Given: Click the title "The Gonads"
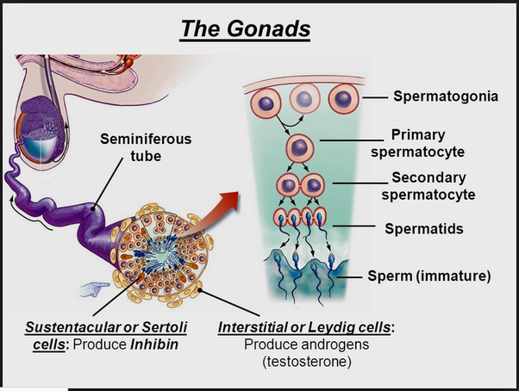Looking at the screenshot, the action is click(x=245, y=28).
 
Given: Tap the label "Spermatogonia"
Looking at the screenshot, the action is click(x=446, y=96).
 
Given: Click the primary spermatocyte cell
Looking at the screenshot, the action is click(x=299, y=148).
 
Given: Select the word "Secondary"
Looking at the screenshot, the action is click(x=428, y=177).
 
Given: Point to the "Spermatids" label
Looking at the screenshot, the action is click(x=424, y=228).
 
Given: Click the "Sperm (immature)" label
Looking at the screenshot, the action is click(x=429, y=276).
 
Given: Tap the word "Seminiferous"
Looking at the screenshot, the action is click(x=146, y=139).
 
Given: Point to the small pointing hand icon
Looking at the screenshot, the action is click(x=95, y=289).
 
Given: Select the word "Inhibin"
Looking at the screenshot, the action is click(x=154, y=344).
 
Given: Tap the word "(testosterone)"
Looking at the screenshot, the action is click(x=307, y=362).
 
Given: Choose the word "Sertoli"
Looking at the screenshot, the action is click(x=165, y=327).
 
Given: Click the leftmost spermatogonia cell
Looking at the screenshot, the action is click(x=266, y=103).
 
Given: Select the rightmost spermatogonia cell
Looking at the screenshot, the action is click(x=344, y=99).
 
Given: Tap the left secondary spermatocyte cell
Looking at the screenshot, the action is click(x=288, y=185).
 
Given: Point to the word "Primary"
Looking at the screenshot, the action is click(x=418, y=135).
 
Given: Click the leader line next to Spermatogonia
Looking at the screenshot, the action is click(x=375, y=97).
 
